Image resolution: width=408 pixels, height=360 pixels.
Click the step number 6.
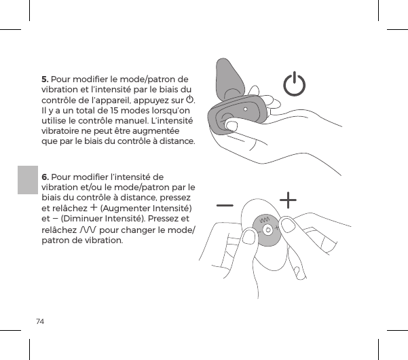click(x=45, y=177)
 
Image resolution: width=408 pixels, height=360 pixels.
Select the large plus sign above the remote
click(x=289, y=200)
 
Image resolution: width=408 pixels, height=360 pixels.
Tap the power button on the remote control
click(x=268, y=230)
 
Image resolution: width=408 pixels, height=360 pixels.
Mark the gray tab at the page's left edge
click(x=26, y=187)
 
